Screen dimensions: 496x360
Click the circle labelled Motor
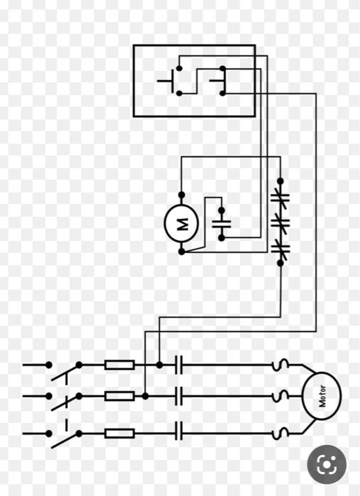pyautogui.click(x=322, y=395)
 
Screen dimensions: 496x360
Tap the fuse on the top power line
pyautogui.click(x=119, y=365)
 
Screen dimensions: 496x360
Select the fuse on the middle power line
pyautogui.click(x=119, y=395)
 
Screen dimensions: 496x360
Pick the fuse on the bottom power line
pyautogui.click(x=119, y=433)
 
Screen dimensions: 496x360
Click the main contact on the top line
pyautogui.click(x=179, y=365)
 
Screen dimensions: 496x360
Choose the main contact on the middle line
pyautogui.click(x=179, y=395)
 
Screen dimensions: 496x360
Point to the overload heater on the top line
pyautogui.click(x=281, y=365)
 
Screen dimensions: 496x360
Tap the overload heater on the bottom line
pyautogui.click(x=281, y=432)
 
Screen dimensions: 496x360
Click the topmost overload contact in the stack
pyautogui.click(x=280, y=199)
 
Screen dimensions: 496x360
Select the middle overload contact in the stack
pyautogui.click(x=280, y=223)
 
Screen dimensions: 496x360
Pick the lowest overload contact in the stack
pyautogui.click(x=280, y=247)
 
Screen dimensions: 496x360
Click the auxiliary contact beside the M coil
pyautogui.click(x=222, y=224)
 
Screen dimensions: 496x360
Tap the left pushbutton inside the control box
pyautogui.click(x=174, y=81)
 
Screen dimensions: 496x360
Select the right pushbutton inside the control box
pyautogui.click(x=218, y=80)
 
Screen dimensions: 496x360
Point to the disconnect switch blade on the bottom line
pyautogui.click(x=64, y=439)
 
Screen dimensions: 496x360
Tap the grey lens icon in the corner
pyautogui.click(x=327, y=465)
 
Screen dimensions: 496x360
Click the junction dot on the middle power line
pyautogui.click(x=145, y=395)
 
